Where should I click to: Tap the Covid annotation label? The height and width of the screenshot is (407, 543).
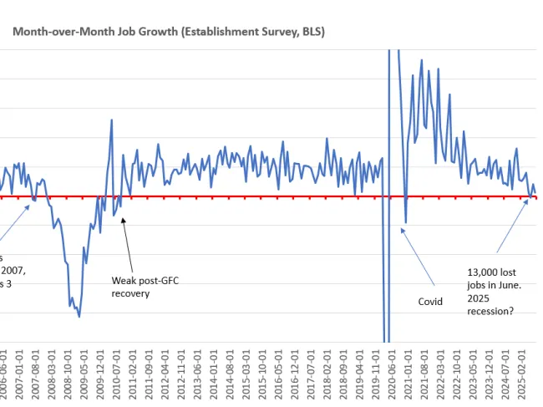[x=431, y=301]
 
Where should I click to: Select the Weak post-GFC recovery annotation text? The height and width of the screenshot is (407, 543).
[x=145, y=287]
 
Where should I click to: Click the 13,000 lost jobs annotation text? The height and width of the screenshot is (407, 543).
[x=494, y=277]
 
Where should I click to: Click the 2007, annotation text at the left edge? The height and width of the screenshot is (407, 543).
[x=13, y=271]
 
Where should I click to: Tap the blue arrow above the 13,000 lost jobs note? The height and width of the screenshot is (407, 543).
[x=512, y=226]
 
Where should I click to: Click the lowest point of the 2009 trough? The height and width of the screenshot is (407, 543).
[x=79, y=316]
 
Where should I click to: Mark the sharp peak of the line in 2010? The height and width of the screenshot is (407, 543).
[x=112, y=120]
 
